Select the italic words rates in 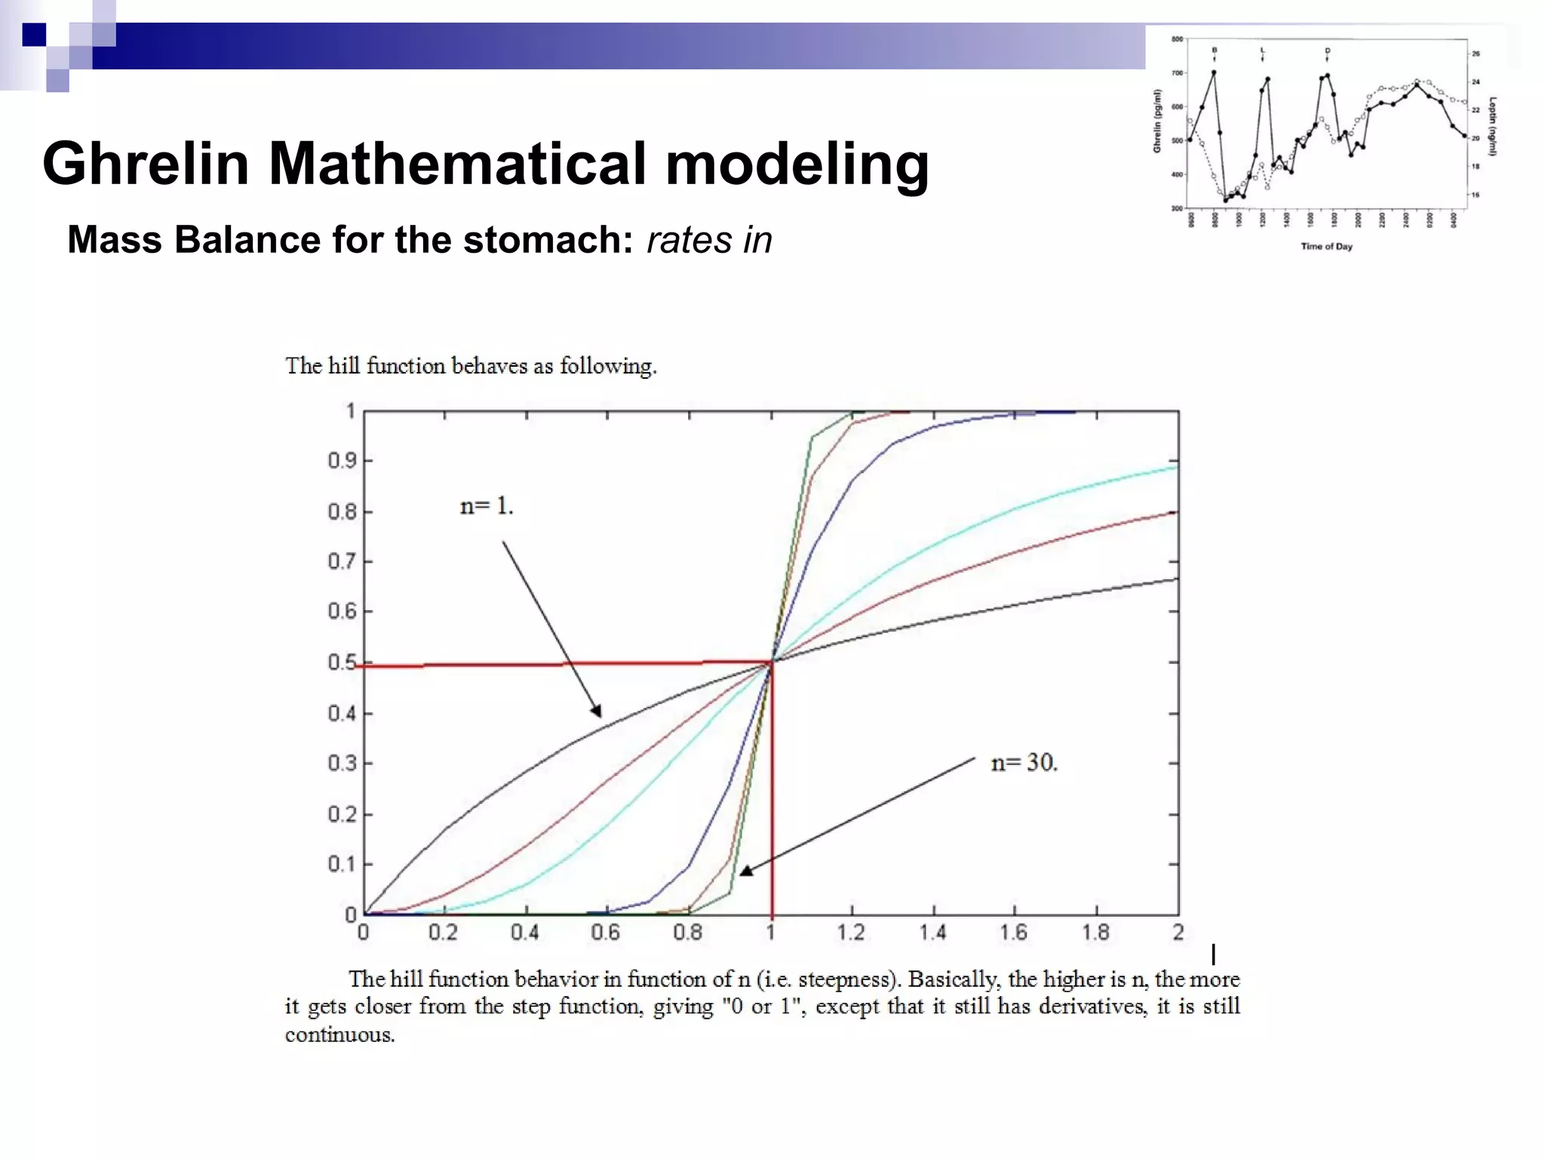tap(709, 240)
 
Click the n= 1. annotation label tap(487, 506)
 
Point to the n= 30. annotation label tap(1024, 763)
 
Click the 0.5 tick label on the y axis tap(341, 663)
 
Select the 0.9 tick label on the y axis tap(341, 460)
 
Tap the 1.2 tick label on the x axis tap(851, 933)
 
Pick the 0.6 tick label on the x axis tap(605, 933)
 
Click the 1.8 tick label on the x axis tap(1095, 933)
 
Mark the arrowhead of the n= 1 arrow tap(597, 711)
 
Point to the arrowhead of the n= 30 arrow tap(745, 871)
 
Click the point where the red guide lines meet tap(772, 663)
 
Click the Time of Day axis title tap(1326, 246)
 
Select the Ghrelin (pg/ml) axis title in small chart tap(1156, 121)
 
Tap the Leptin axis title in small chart tap(1493, 126)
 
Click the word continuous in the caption tap(339, 1034)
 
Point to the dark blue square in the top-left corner tap(34, 35)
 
